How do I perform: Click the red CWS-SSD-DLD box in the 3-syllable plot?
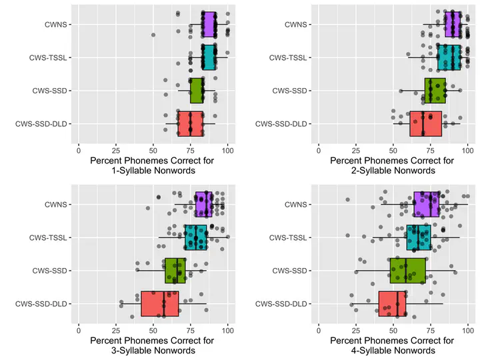[x=160, y=304]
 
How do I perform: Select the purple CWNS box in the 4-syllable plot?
[x=427, y=204]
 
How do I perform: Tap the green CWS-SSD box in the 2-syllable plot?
[x=435, y=91]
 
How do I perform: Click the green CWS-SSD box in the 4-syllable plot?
[x=408, y=271]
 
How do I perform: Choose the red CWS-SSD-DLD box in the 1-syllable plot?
[x=190, y=124]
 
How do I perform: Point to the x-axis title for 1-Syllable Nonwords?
[x=153, y=165]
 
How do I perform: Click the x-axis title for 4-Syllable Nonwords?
[x=393, y=345]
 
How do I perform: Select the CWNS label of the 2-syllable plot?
[x=295, y=25]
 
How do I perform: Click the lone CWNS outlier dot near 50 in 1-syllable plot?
[x=153, y=35]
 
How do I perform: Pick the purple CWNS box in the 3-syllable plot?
[x=203, y=204]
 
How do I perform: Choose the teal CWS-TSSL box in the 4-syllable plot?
[x=419, y=237]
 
